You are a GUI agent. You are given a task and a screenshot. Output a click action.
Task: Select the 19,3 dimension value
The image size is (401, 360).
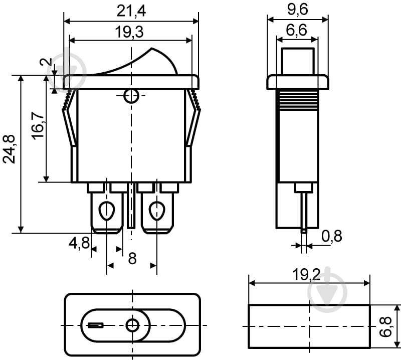[129, 33]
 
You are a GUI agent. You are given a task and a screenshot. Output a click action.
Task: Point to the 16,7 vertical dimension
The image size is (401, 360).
[38, 125]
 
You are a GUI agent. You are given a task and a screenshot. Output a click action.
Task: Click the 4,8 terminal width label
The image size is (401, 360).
[79, 242]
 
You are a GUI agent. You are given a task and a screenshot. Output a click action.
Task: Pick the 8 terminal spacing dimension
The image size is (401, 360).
[132, 259]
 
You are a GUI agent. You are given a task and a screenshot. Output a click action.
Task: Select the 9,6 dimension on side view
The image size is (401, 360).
[297, 10]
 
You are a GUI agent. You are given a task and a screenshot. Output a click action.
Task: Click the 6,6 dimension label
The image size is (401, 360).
[296, 30]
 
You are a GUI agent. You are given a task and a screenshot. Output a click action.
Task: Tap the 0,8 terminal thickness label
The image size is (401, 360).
[331, 236]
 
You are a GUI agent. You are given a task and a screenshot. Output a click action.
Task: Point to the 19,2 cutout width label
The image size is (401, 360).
[306, 275]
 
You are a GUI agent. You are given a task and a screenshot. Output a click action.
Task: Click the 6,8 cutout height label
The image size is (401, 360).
[385, 327]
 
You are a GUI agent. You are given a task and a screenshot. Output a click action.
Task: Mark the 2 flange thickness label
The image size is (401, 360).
[47, 62]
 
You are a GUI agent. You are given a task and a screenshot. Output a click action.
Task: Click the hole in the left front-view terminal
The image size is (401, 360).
[107, 211]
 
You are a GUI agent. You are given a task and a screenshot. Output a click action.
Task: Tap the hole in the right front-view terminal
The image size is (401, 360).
[157, 211]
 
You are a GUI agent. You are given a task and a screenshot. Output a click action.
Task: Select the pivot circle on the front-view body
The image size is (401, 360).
[131, 96]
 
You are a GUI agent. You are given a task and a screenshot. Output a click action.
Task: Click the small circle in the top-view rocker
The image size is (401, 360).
[132, 326]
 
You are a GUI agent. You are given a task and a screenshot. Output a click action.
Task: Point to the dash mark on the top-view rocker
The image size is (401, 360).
[95, 326]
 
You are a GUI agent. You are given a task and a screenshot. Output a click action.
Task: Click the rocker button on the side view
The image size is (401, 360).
[298, 61]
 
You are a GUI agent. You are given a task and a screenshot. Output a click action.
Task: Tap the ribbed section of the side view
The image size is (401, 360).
[298, 100]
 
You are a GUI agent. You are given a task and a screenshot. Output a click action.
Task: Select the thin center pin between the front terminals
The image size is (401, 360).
[131, 205]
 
